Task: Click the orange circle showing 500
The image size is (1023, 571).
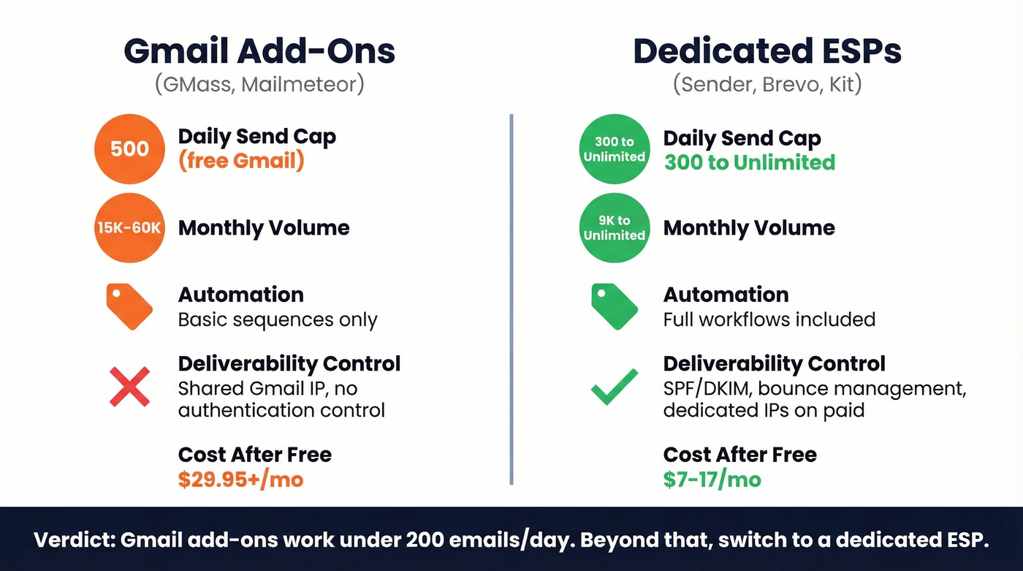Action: coord(129,149)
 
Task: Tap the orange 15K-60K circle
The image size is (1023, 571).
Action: coord(129,227)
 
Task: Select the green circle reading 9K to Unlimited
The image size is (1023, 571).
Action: coord(614,227)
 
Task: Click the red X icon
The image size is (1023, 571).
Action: coord(129,387)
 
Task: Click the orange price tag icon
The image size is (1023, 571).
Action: coord(129,306)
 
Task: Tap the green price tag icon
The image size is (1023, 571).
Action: coord(614,306)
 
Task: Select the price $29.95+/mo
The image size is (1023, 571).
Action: coord(240,480)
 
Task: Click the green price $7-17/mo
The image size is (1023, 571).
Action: coord(712,480)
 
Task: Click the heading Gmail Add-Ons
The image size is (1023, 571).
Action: coord(259,51)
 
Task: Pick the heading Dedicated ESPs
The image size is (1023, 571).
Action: coord(767,51)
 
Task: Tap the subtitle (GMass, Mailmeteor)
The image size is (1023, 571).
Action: coord(259,84)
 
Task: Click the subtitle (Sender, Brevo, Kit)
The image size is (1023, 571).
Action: coord(767,84)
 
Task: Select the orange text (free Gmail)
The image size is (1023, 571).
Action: coord(241,161)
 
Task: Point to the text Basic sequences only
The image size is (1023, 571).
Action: coord(278,320)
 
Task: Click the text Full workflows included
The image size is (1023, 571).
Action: coord(769,320)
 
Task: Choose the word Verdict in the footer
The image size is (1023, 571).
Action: coord(73,540)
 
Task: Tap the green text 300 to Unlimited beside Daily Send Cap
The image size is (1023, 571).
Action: coord(749,162)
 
